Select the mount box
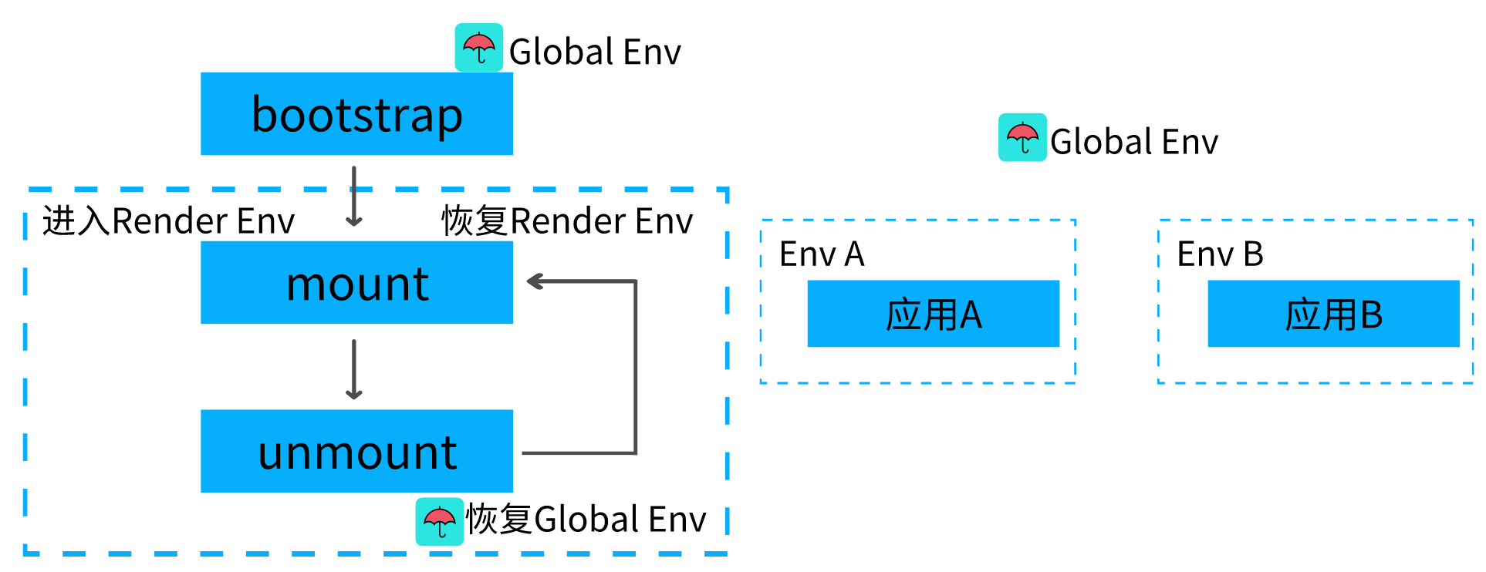pyautogui.click(x=356, y=282)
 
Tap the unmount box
pyautogui.click(x=356, y=451)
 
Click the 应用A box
pyautogui.click(x=933, y=314)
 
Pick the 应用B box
pyautogui.click(x=1333, y=314)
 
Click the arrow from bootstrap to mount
pyautogui.click(x=354, y=197)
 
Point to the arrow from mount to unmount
pyautogui.click(x=354, y=369)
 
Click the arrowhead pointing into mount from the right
pyautogui.click(x=535, y=281)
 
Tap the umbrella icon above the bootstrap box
pyautogui.click(x=478, y=48)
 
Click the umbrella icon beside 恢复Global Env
pyautogui.click(x=439, y=522)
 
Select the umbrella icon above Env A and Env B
pyautogui.click(x=1022, y=137)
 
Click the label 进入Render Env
pyautogui.click(x=168, y=221)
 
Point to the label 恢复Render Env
pyautogui.click(x=567, y=221)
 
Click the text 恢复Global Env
pyautogui.click(x=586, y=519)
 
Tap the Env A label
pyautogui.click(x=822, y=254)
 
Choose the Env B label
pyautogui.click(x=1220, y=254)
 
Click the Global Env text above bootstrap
pyautogui.click(x=595, y=52)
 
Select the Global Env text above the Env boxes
pyautogui.click(x=1133, y=142)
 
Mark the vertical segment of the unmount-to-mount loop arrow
pyautogui.click(x=636, y=367)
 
